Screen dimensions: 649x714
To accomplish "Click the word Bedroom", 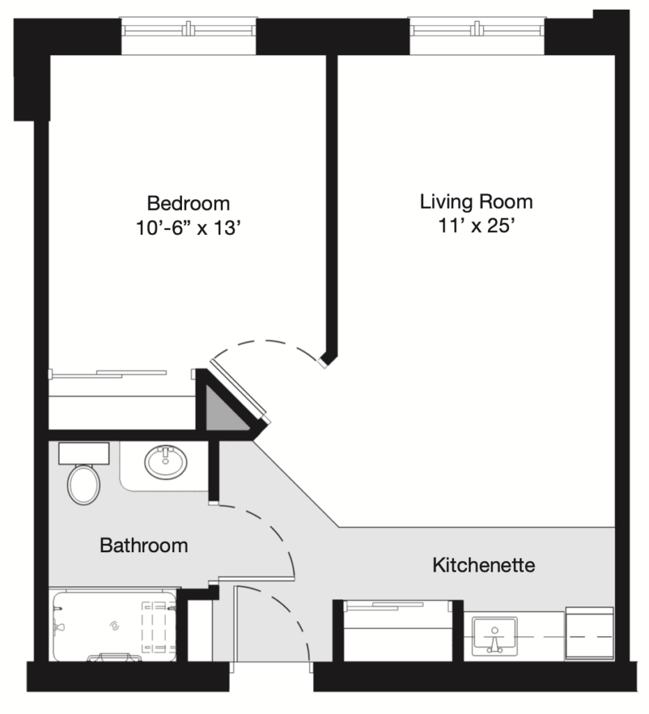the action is coord(188,204).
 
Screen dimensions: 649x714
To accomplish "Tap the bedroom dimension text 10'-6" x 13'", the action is coord(188,228).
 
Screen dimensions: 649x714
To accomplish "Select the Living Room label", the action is coord(476,202).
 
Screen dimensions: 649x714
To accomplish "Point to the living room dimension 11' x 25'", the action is coord(476,225).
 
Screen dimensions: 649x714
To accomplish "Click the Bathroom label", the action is coord(144,545).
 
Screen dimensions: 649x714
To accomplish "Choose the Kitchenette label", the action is coord(483,565).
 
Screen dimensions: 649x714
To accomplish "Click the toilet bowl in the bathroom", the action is coord(84,484).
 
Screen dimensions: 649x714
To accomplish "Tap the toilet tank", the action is coord(84,453).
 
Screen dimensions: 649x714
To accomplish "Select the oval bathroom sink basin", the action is coord(166,462).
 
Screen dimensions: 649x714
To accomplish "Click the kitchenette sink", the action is coord(494,636).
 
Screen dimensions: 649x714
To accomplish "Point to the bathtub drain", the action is coord(114,627).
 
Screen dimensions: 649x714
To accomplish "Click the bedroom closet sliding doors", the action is coord(109,374).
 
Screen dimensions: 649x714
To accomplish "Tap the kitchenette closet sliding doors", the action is coord(397,606).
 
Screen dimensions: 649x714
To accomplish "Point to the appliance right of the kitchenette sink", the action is coord(589,633).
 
